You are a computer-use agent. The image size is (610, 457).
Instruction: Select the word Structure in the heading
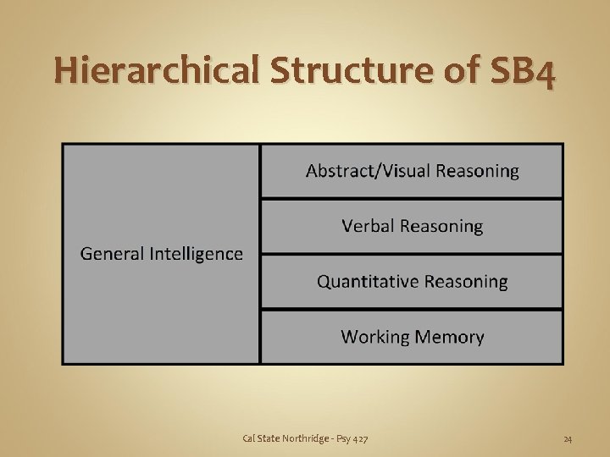coord(355,73)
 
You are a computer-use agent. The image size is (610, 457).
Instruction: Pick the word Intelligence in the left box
coord(196,254)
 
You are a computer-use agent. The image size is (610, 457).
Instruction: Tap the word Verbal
coord(368,226)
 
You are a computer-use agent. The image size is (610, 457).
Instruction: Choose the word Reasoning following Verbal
coord(441,227)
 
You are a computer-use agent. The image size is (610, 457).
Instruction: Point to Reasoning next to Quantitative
coord(467,282)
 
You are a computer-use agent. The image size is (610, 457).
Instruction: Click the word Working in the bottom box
coord(374,337)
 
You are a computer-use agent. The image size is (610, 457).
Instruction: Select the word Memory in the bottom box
coord(448,337)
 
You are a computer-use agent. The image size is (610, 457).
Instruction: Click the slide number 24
coord(568,438)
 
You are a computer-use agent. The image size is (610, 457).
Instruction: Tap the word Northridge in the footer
coord(302,438)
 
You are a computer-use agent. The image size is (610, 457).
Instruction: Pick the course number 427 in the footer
coord(360,438)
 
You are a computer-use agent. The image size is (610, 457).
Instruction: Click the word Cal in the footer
coord(248,438)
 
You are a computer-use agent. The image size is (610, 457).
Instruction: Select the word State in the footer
coord(269,438)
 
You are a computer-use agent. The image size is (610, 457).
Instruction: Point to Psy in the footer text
coord(342,438)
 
